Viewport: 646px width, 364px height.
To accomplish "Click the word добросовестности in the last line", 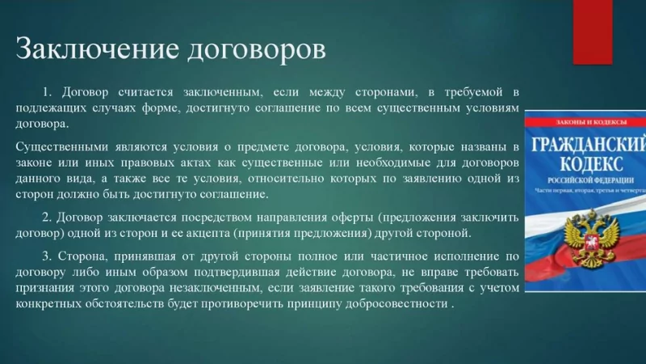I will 402,303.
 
